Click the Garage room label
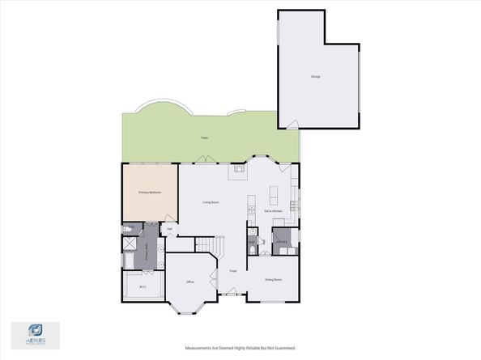click(x=315, y=77)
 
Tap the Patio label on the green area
click(x=205, y=138)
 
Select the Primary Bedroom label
click(x=150, y=193)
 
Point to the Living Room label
click(x=211, y=202)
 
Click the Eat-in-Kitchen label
click(x=273, y=210)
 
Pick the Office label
click(x=190, y=282)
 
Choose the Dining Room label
click(x=273, y=280)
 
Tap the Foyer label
click(x=233, y=271)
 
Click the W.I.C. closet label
click(x=143, y=287)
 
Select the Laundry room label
click(x=283, y=242)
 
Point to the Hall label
click(x=170, y=229)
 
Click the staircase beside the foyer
click(x=212, y=244)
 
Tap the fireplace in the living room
click(x=240, y=170)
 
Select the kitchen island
click(x=273, y=194)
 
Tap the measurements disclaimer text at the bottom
click(x=240, y=348)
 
